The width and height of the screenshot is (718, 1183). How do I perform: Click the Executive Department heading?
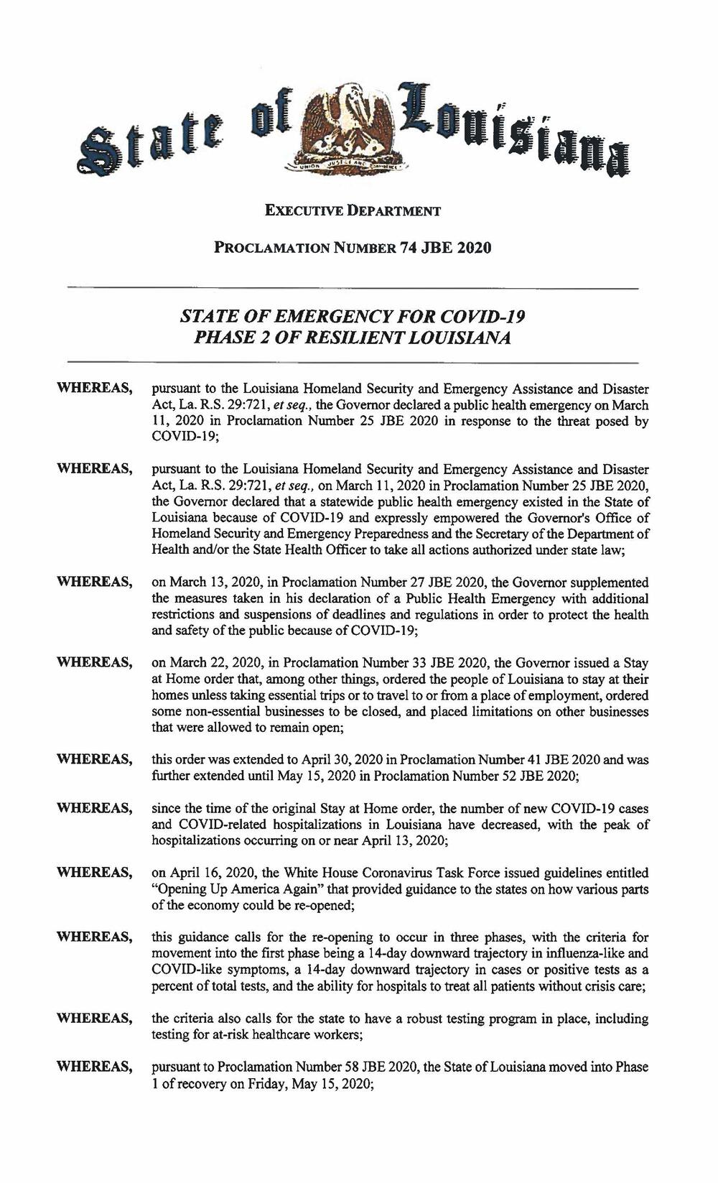(x=352, y=211)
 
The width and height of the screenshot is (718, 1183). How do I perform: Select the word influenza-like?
(x=585, y=954)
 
